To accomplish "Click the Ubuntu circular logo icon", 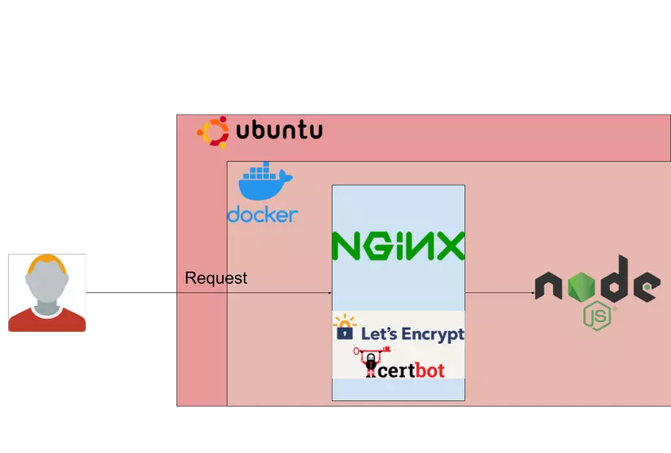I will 213,132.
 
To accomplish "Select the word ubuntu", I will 279,131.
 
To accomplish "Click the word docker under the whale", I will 262,215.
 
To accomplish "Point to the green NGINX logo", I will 398,246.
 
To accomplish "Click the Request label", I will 216,278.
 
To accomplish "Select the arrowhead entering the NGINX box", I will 329,292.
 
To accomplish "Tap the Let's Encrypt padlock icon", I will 345,328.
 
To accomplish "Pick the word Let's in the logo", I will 377,333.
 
